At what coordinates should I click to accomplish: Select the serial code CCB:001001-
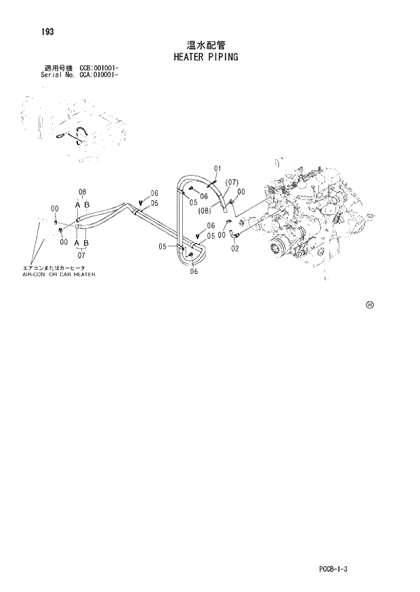pyautogui.click(x=100, y=68)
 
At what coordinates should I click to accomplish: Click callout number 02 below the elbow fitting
pyautogui.click(x=234, y=248)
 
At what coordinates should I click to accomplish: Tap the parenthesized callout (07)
pyautogui.click(x=232, y=182)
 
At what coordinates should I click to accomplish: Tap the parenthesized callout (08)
pyautogui.click(x=205, y=210)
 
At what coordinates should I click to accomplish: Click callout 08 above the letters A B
pyautogui.click(x=82, y=192)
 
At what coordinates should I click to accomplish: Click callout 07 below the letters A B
pyautogui.click(x=82, y=256)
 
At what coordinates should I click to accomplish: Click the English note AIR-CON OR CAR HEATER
pyautogui.click(x=59, y=275)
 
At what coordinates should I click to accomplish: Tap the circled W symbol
pyautogui.click(x=370, y=304)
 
